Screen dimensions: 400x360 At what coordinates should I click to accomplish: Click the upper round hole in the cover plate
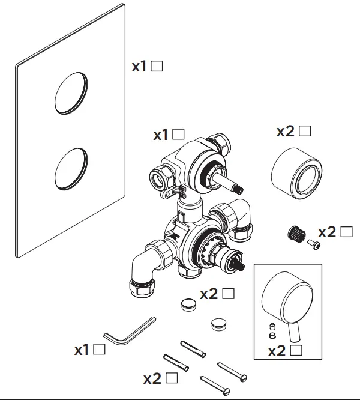[71, 95]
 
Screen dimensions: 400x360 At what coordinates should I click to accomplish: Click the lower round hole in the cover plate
[71, 169]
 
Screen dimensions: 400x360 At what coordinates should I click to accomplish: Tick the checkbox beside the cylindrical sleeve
[305, 130]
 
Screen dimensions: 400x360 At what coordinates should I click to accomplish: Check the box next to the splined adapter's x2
[347, 231]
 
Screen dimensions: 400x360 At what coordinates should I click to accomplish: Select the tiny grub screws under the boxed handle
[271, 331]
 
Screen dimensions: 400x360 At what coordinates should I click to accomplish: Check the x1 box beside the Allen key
[100, 348]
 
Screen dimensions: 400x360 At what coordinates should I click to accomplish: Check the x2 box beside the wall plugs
[172, 378]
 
